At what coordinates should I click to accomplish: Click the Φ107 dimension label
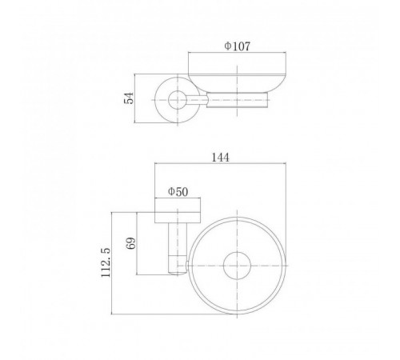[x=237, y=46]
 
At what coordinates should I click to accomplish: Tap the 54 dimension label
[x=129, y=98]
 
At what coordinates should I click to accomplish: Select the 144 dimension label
[x=221, y=158]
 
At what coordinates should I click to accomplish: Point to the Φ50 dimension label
[x=178, y=192]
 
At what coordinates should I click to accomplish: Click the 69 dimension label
[x=130, y=243]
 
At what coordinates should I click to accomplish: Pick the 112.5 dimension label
[x=106, y=262]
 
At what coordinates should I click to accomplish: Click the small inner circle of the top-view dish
[x=237, y=266]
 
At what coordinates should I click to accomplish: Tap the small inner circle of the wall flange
[x=178, y=100]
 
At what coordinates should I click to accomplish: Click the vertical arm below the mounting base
[x=178, y=249]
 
